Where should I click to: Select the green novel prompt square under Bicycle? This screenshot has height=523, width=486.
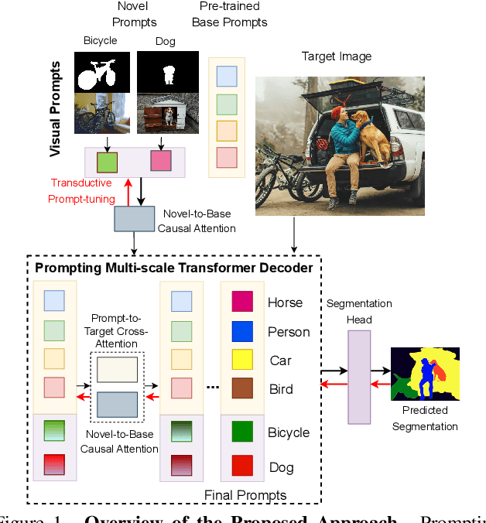107,162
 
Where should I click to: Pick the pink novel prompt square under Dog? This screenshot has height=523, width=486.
161,161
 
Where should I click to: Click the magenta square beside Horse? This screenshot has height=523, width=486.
242,302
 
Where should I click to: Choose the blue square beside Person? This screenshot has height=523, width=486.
242,331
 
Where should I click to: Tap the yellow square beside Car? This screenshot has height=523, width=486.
242,361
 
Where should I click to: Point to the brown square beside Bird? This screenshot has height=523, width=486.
242,388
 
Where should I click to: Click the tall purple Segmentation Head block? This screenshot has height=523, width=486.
359,377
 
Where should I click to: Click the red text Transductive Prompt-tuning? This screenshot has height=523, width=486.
81,190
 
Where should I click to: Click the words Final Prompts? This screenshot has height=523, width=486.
245,495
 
